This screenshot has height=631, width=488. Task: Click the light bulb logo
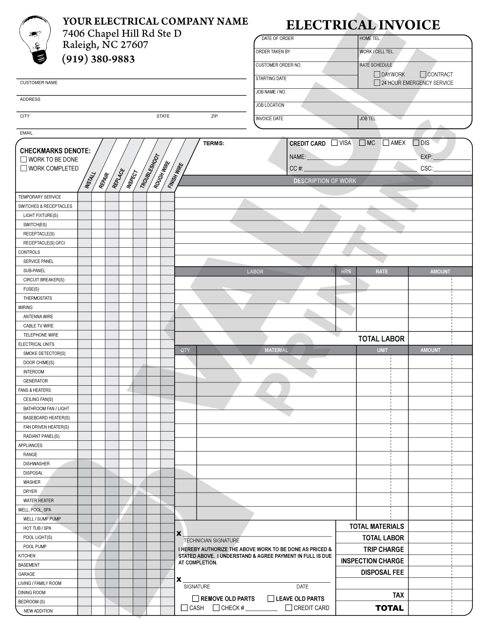click(33, 39)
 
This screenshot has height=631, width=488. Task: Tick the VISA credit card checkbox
click(334, 143)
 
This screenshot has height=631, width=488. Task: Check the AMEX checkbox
click(386, 143)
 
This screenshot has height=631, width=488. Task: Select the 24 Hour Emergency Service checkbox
click(377, 83)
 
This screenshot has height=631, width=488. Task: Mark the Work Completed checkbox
click(23, 168)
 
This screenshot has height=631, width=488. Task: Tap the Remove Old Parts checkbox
click(196, 598)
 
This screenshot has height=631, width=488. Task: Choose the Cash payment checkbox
click(184, 608)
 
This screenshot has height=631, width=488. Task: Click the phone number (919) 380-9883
click(98, 59)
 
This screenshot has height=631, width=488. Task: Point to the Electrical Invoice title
click(363, 25)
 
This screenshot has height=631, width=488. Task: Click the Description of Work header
click(325, 181)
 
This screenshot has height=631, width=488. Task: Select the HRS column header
click(346, 272)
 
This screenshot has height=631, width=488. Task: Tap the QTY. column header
click(185, 350)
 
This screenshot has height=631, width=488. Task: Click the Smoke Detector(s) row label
click(44, 353)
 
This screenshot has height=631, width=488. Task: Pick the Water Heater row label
click(39, 500)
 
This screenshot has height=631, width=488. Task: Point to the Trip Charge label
click(384, 549)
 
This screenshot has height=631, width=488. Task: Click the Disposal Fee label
click(382, 572)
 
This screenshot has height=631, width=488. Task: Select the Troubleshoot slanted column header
click(149, 171)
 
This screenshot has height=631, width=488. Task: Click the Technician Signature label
click(211, 540)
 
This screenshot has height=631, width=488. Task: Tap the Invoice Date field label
click(269, 118)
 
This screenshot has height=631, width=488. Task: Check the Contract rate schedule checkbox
click(423, 75)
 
